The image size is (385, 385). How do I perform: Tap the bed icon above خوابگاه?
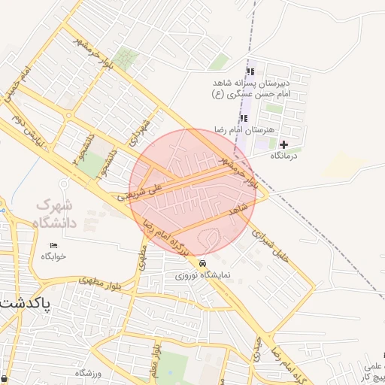53,246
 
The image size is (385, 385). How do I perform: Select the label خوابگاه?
54,256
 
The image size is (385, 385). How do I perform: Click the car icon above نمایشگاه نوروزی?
203,264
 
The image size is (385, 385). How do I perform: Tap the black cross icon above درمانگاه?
283,144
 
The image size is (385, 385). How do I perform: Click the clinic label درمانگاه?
283,156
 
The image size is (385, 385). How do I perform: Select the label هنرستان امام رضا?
241,129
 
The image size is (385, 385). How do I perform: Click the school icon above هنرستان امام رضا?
243,118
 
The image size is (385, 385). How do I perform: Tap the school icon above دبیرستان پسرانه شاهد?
251,71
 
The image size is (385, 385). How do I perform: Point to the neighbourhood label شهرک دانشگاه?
56,214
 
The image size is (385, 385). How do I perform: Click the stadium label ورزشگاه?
88,373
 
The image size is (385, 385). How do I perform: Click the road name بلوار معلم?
153,360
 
